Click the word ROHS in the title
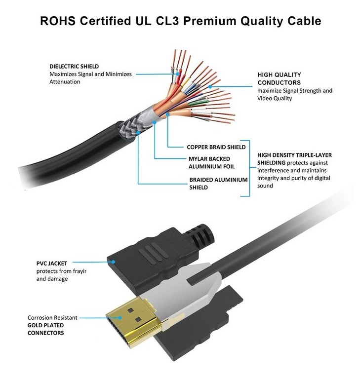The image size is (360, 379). click(x=58, y=21)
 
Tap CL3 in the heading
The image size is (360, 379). click(x=167, y=21)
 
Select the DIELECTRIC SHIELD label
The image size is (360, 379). click(x=74, y=67)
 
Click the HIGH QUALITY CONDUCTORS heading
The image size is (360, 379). click(x=279, y=78)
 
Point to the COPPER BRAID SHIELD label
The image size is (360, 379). click(x=216, y=147)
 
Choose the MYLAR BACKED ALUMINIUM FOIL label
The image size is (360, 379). click(x=211, y=163)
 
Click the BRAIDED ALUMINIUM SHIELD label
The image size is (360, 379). click(x=218, y=184)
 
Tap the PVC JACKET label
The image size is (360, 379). click(x=52, y=263)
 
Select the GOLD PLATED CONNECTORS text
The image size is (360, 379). click(x=46, y=329)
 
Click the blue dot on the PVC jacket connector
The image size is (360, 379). click(x=113, y=262)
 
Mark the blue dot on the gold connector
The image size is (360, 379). click(x=120, y=318)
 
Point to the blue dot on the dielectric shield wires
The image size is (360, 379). click(x=178, y=74)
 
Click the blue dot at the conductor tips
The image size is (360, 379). click(x=210, y=86)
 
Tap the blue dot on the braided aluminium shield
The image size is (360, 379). click(x=138, y=133)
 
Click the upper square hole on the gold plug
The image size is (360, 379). click(x=131, y=310)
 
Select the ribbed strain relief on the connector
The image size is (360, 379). click(x=200, y=236)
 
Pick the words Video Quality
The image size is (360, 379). click(x=275, y=98)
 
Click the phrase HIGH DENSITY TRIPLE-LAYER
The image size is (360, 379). click(x=294, y=155)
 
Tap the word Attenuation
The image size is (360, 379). click(x=65, y=82)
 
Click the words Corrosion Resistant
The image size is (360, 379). click(x=52, y=318)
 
